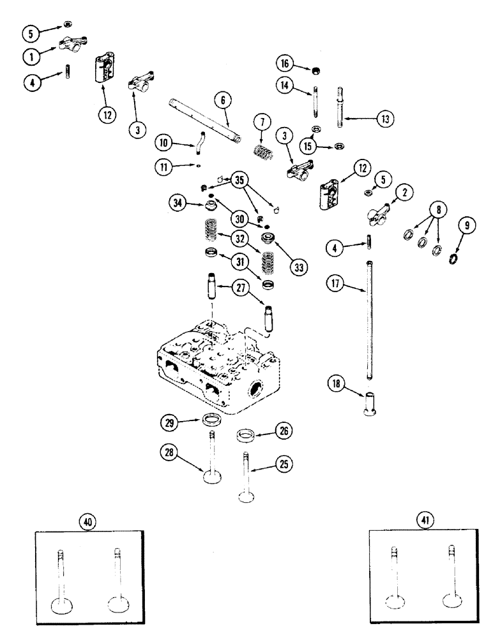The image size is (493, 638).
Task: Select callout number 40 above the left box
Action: (x=87, y=522)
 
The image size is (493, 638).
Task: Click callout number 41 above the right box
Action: (x=424, y=521)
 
